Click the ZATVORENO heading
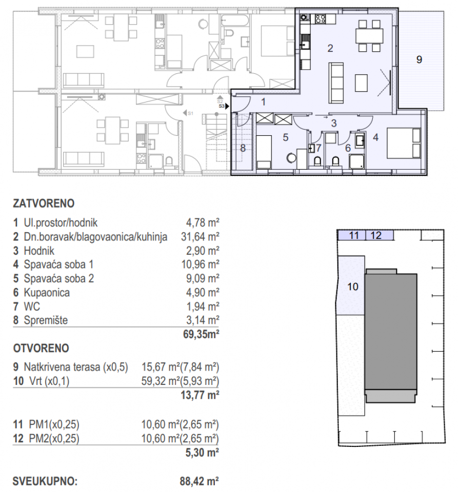pos(44,203)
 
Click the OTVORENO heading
pos(42,348)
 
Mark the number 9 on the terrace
pos(419,59)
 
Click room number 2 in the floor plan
pos(330,49)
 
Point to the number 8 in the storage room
pos(244,149)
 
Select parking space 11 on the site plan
pos(353,236)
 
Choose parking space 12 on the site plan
pos(376,236)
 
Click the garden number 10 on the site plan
pos(353,286)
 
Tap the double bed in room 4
pos(405,143)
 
